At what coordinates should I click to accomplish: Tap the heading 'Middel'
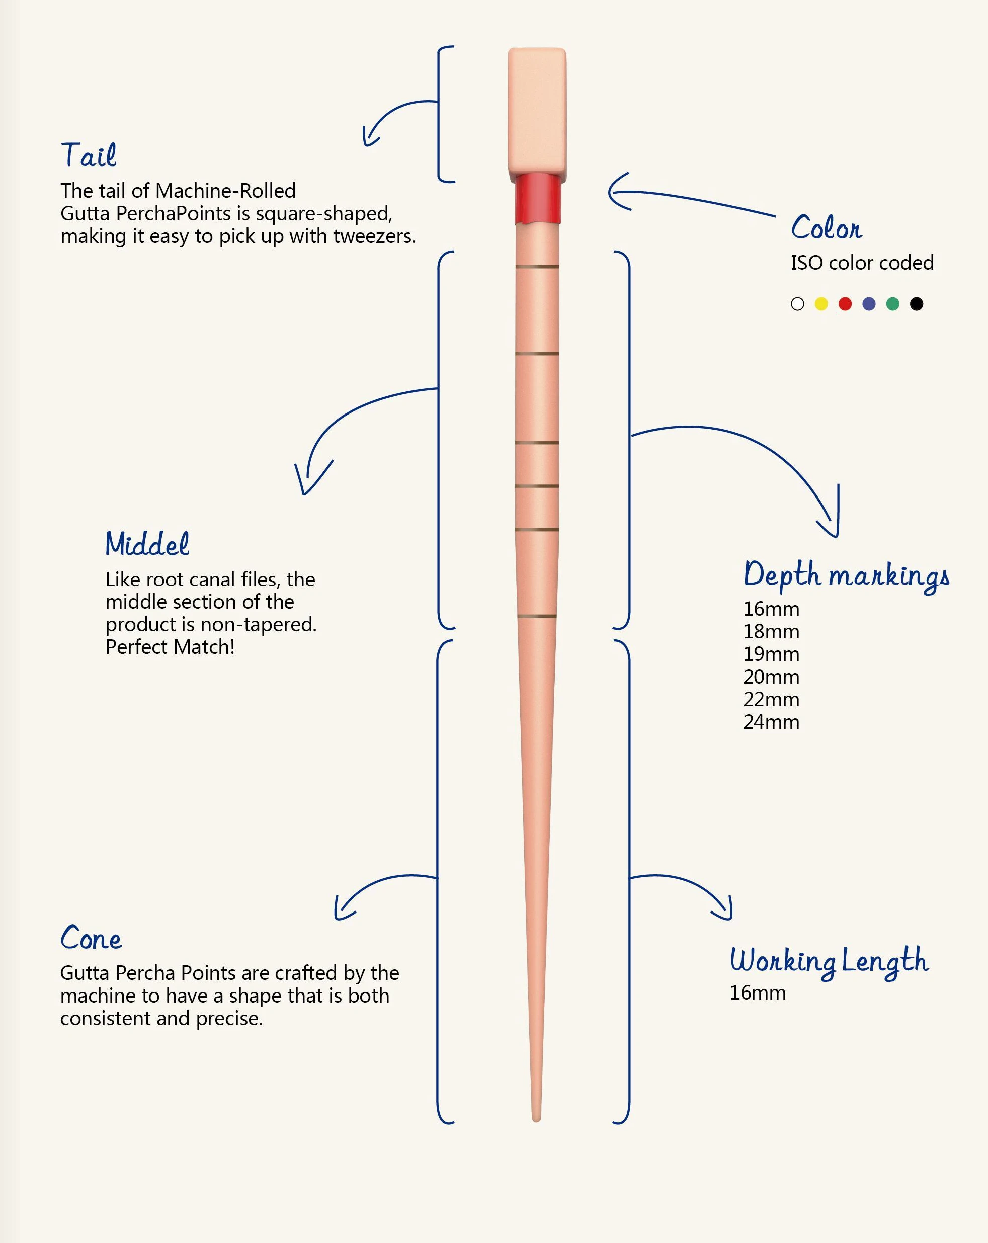tap(147, 543)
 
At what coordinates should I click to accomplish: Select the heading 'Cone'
tap(91, 938)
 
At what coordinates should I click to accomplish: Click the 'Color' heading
tap(827, 227)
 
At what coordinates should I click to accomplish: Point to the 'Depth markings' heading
tap(847, 575)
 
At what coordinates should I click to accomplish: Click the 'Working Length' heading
tap(829, 962)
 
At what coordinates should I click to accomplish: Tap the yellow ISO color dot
tap(821, 304)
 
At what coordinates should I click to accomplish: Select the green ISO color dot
tap(893, 304)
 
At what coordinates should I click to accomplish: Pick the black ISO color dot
tap(917, 304)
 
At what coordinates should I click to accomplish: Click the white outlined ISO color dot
tap(798, 304)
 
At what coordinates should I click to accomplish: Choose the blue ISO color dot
tap(869, 304)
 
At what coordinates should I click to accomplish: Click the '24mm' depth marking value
tap(771, 722)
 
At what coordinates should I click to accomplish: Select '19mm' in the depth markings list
tap(771, 654)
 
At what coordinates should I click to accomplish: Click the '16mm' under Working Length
tap(758, 993)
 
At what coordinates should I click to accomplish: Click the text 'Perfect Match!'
tap(170, 647)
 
